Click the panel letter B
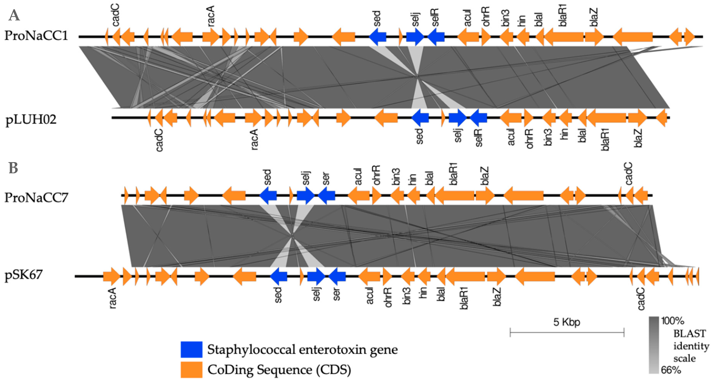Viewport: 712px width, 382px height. pyautogui.click(x=13, y=168)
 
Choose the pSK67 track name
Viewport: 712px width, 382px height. pyautogui.click(x=24, y=275)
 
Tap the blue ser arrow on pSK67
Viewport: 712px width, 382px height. pyautogui.click(x=337, y=276)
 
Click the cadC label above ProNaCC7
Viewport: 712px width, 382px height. pyautogui.click(x=629, y=174)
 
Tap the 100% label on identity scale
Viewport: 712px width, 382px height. pyautogui.click(x=672, y=321)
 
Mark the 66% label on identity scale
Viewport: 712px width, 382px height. pyautogui.click(x=671, y=370)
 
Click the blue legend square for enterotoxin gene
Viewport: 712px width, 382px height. pyautogui.click(x=191, y=349)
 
